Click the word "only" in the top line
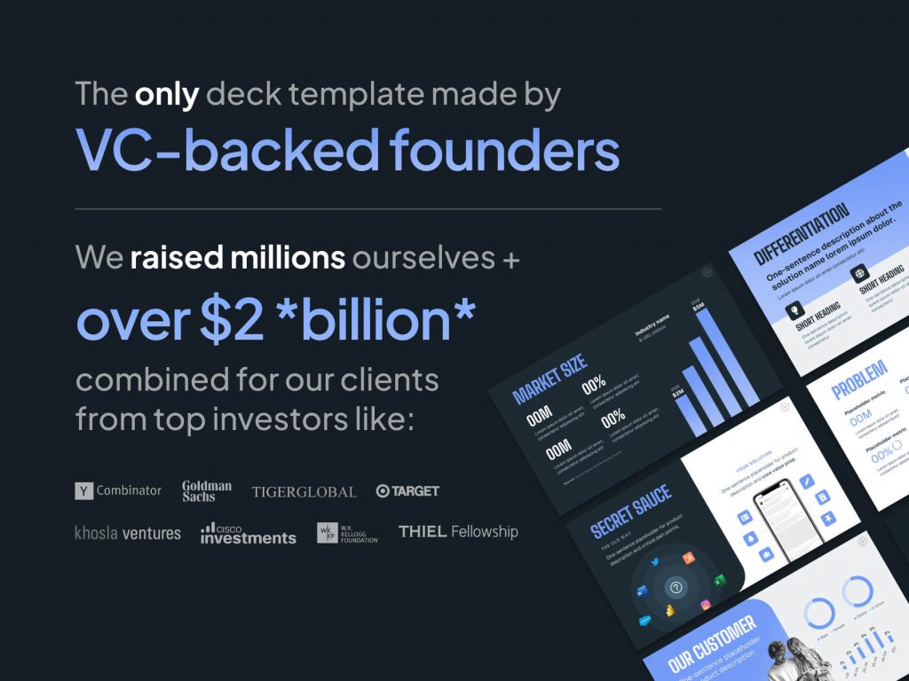tap(166, 94)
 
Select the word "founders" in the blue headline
tap(505, 150)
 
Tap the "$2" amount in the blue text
tap(233, 321)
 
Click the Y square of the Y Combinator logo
tap(84, 490)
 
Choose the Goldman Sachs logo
tap(207, 490)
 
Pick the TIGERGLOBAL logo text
tap(304, 491)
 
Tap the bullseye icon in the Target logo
tap(383, 490)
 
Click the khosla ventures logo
tap(128, 533)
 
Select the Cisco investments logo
tap(248, 533)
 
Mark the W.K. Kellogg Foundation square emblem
tap(327, 533)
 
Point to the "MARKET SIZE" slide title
tap(550, 380)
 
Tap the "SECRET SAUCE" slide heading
tap(631, 512)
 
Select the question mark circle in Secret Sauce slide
tap(677, 588)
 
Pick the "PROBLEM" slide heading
tap(859, 380)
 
